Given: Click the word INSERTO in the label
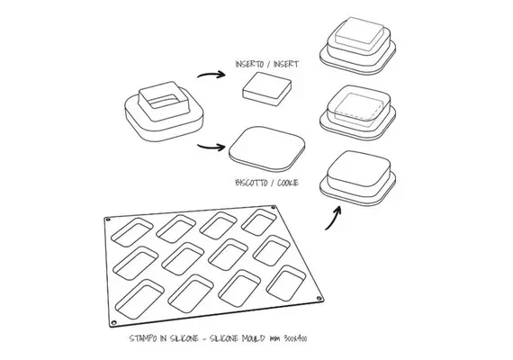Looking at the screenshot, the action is (x=249, y=64).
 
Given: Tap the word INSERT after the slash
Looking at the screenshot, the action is (x=286, y=64).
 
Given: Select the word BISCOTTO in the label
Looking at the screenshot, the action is (x=251, y=183).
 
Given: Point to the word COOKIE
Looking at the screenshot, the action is (x=288, y=183).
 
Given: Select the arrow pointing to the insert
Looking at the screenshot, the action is (x=211, y=75).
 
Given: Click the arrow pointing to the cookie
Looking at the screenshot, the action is (x=211, y=147).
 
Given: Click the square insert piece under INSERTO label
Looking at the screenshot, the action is (x=266, y=89).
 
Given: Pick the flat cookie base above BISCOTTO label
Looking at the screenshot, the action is (x=267, y=148).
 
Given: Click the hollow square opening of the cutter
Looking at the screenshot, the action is (x=163, y=101).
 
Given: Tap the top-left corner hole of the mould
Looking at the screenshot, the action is (x=108, y=220).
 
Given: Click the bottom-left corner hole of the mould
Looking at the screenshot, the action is (x=113, y=323).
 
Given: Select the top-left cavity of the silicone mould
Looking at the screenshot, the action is (x=132, y=232).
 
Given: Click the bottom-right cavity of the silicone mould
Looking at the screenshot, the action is (x=286, y=283).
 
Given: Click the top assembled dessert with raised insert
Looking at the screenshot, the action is (x=357, y=46).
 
